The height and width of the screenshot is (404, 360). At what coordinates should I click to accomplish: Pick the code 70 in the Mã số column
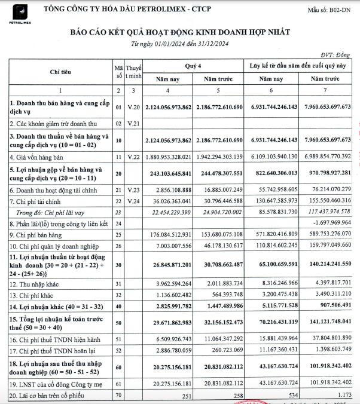pos(118,396)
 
